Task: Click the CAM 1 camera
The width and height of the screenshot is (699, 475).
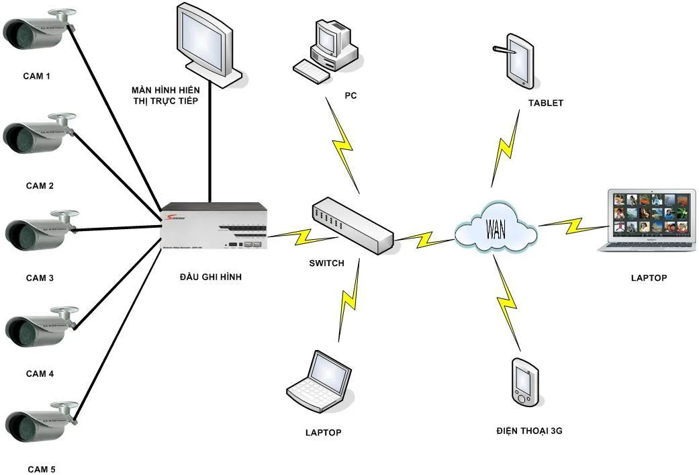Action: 37,31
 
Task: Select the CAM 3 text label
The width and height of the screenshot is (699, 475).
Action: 40,277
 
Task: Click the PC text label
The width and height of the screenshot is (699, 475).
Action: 351,96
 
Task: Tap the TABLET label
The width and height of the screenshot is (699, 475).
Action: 545,103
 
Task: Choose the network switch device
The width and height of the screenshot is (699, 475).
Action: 352,224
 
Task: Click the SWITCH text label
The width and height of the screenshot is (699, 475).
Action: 326,263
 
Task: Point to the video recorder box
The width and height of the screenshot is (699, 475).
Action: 215,226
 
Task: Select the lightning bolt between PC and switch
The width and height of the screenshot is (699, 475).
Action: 343,144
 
